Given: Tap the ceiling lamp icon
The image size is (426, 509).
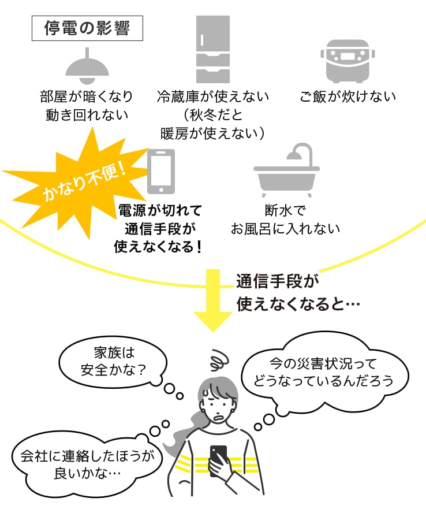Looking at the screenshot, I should [x=87, y=66].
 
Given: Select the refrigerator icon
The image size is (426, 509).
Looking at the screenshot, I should [x=212, y=50].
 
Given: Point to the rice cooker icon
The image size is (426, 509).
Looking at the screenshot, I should [x=345, y=61].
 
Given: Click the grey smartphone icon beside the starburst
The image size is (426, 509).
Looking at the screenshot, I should [x=161, y=172].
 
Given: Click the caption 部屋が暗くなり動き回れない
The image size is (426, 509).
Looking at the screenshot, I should [x=87, y=105].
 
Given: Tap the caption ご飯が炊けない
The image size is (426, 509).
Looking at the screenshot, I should [x=347, y=96].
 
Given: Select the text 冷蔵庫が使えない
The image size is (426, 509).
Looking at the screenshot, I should [x=212, y=96].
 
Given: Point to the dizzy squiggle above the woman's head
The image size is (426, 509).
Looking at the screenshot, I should [x=221, y=361].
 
